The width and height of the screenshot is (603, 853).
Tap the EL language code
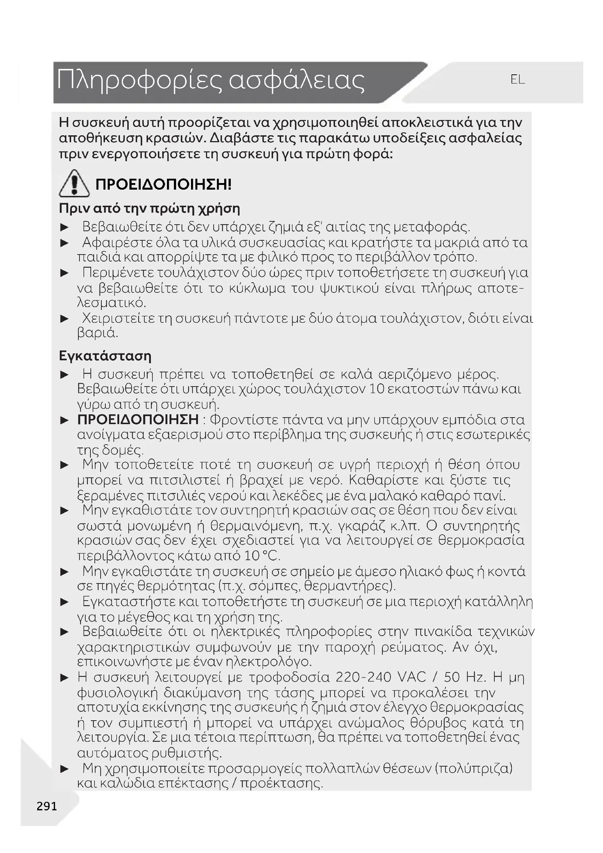[517, 80]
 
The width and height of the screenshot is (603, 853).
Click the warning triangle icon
[74, 183]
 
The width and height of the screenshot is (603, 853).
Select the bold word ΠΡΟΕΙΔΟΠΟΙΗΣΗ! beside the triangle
[163, 185]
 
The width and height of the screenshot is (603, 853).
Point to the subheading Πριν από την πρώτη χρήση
[149, 209]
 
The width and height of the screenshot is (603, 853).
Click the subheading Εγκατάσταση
[105, 356]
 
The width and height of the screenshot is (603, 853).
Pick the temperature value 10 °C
[262, 556]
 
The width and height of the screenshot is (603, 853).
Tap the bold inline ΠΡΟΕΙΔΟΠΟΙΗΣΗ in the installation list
[138, 419]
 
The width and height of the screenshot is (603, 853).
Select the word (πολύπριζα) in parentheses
[474, 768]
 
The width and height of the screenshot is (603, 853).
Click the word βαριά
[97, 333]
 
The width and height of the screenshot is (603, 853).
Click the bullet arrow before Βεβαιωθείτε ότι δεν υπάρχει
[65, 227]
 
